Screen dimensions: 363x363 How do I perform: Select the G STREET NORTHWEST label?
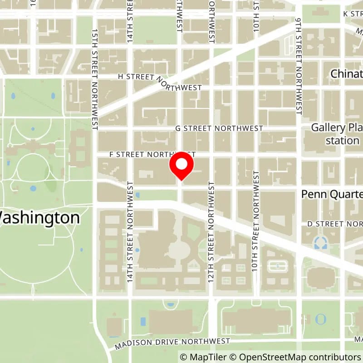[x=219, y=128]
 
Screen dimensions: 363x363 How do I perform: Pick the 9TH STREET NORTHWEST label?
[x=299, y=66]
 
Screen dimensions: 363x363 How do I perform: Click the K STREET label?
[x=352, y=14]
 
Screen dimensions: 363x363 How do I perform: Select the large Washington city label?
[x=40, y=218]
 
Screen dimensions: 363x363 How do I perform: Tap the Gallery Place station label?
[x=336, y=134]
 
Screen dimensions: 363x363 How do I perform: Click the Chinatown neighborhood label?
[x=347, y=74]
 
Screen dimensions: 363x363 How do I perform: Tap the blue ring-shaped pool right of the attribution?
[x=321, y=319]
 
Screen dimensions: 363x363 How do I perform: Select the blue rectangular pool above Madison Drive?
[x=143, y=321]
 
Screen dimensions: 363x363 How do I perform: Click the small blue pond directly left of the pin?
[x=137, y=195]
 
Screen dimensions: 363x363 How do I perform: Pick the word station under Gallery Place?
[x=342, y=140]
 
